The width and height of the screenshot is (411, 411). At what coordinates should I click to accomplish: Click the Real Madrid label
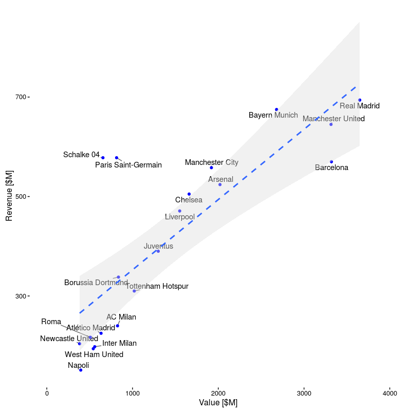(360, 106)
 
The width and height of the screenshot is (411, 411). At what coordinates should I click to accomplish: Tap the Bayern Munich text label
(273, 115)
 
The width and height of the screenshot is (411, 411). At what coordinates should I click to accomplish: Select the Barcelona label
(331, 167)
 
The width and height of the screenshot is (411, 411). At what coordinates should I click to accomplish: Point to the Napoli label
(78, 365)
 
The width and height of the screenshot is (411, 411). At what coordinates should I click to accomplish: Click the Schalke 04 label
(81, 155)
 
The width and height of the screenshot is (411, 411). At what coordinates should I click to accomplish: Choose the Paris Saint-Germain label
(128, 165)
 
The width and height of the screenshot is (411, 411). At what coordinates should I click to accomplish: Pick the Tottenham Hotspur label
(157, 286)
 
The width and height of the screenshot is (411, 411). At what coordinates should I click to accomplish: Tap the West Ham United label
(94, 354)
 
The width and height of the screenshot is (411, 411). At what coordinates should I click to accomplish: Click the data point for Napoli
(81, 370)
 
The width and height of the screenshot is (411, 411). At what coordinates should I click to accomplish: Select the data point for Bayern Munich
(276, 109)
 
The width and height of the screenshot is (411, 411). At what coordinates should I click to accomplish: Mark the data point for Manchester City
(211, 167)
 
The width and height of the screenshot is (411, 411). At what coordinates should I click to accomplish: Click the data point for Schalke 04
(103, 158)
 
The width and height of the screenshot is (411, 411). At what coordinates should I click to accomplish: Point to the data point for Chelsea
(189, 194)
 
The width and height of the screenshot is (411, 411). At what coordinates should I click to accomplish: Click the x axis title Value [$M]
(218, 403)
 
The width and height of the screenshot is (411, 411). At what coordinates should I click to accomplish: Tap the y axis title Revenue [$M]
(9, 196)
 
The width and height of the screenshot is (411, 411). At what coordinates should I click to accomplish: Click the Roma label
(51, 322)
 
